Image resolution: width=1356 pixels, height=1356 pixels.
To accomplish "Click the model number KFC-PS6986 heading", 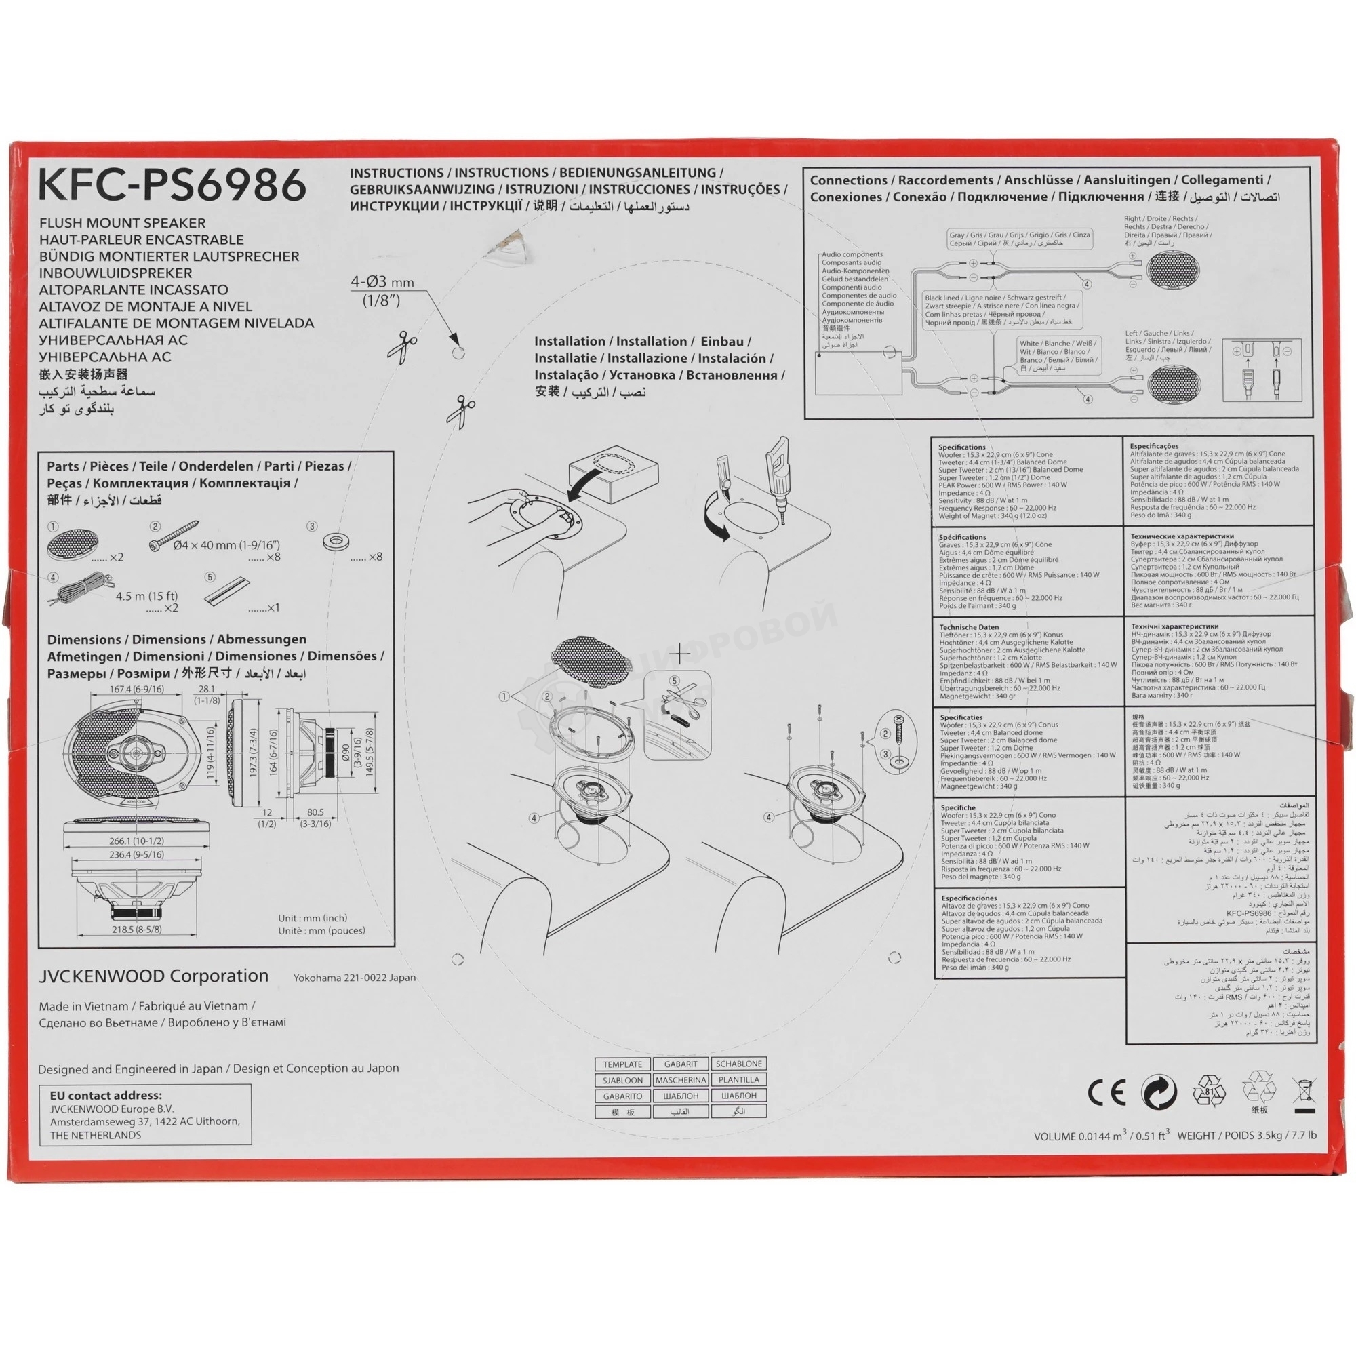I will [x=172, y=184].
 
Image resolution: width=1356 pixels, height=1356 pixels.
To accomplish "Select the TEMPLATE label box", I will [x=622, y=1064].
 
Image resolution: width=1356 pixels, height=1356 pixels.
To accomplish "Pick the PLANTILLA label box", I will [x=738, y=1080].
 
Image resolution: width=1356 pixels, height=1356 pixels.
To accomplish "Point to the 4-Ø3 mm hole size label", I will [x=382, y=283].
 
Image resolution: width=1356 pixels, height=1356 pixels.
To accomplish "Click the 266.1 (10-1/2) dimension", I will [x=136, y=841].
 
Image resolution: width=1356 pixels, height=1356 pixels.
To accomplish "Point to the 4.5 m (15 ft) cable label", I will [x=146, y=596].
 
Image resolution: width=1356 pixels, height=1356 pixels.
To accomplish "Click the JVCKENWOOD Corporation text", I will [x=154, y=976].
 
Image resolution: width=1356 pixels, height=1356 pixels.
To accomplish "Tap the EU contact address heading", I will [x=105, y=1096].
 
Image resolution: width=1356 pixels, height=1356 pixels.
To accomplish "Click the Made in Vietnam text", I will [x=83, y=1005].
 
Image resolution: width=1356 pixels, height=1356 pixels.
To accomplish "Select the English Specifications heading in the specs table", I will [x=961, y=447].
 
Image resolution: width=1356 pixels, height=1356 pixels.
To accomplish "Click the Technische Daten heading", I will [x=969, y=627].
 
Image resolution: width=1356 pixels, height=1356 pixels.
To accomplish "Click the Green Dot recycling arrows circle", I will [x=1159, y=1092].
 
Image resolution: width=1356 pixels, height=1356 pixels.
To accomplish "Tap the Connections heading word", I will [x=848, y=180].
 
